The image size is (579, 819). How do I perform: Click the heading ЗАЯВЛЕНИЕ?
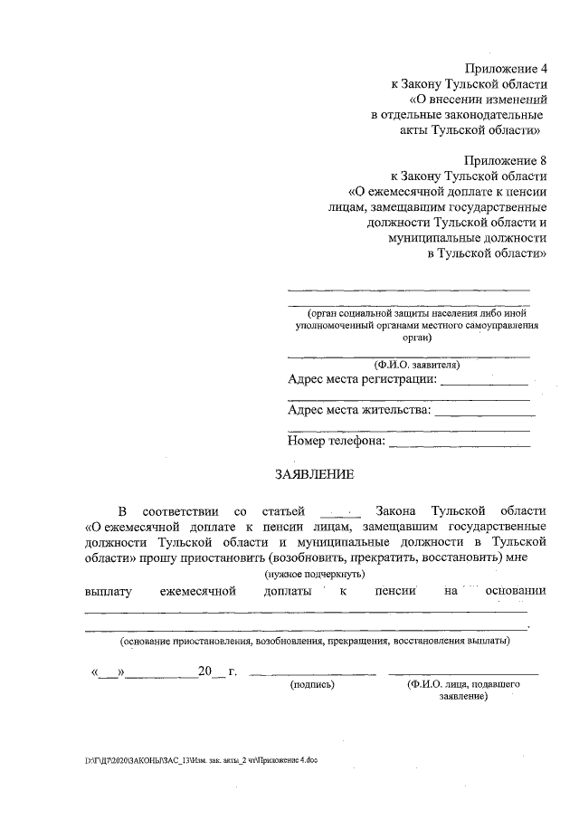tap(315, 474)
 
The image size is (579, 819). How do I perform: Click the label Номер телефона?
tap(337, 442)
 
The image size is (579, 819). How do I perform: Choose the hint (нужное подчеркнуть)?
tap(315, 574)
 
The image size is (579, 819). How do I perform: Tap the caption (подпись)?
tap(312, 686)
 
